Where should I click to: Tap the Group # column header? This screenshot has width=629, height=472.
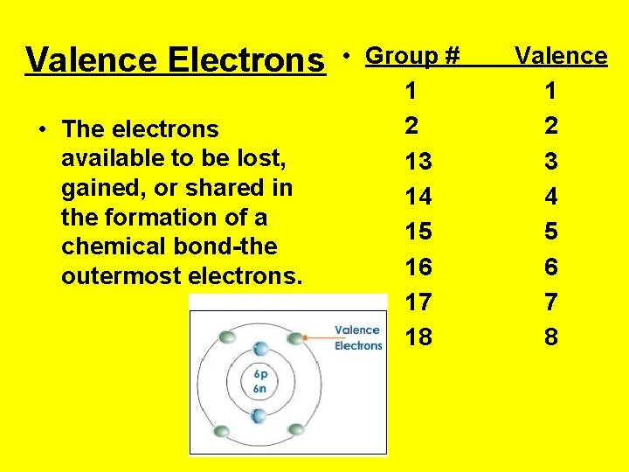412,56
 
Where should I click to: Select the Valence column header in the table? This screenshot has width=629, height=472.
561,56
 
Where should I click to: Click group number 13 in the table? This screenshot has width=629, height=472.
418,162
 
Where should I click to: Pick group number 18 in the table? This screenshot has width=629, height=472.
418,337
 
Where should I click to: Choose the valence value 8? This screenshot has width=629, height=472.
550,337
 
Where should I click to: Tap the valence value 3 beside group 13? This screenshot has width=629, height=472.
550,162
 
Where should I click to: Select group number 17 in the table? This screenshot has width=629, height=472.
418,302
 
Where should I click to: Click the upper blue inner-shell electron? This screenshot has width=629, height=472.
260,348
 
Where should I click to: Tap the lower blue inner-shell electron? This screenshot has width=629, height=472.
259,414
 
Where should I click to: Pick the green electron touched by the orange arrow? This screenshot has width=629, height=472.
297,337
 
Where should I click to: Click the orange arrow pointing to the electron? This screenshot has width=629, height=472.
317,335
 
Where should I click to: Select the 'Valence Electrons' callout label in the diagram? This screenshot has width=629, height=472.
358,337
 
